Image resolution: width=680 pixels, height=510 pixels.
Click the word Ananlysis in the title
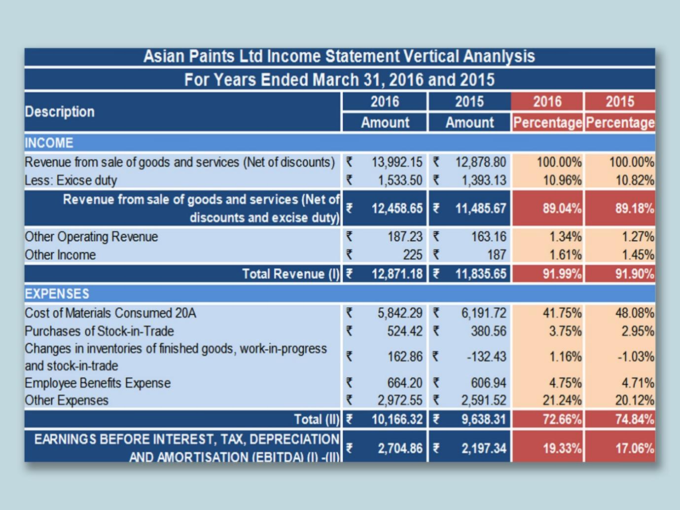click(x=499, y=57)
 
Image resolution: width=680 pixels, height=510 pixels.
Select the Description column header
click(x=60, y=112)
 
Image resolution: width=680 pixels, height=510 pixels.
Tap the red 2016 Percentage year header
click(x=547, y=102)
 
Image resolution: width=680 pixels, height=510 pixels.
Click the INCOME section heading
click(x=49, y=143)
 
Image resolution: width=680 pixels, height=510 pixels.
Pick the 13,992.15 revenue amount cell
click(x=396, y=162)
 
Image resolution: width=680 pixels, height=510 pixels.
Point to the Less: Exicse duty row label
click(x=71, y=181)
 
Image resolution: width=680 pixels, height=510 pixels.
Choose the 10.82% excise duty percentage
click(x=635, y=181)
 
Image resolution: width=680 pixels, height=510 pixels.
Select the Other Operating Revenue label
click(x=92, y=237)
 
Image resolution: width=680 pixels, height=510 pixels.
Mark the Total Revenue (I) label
click(x=290, y=274)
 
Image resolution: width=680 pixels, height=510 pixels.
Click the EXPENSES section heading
click(x=57, y=294)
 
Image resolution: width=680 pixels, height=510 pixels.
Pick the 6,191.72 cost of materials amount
click(x=483, y=313)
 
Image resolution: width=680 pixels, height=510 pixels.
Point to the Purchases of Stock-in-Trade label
click(x=100, y=331)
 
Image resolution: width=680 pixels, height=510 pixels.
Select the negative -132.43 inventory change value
click(x=486, y=357)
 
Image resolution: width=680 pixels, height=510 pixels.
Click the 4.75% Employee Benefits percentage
click(x=565, y=383)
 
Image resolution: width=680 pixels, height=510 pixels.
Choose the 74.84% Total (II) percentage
click(x=634, y=420)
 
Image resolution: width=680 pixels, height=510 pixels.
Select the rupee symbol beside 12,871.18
click(x=349, y=274)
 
